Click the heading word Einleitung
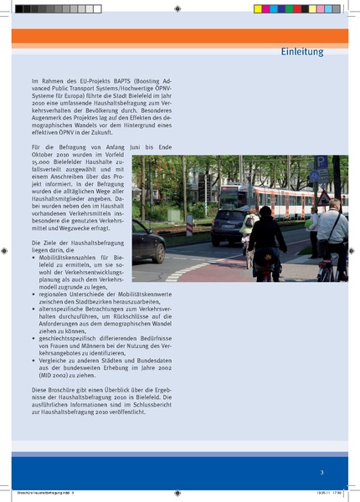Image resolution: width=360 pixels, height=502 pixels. (301, 52)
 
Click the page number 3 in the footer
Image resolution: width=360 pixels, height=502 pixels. (321, 474)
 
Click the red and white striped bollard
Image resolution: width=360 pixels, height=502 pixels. (190, 224)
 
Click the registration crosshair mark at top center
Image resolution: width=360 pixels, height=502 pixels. (180, 8)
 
